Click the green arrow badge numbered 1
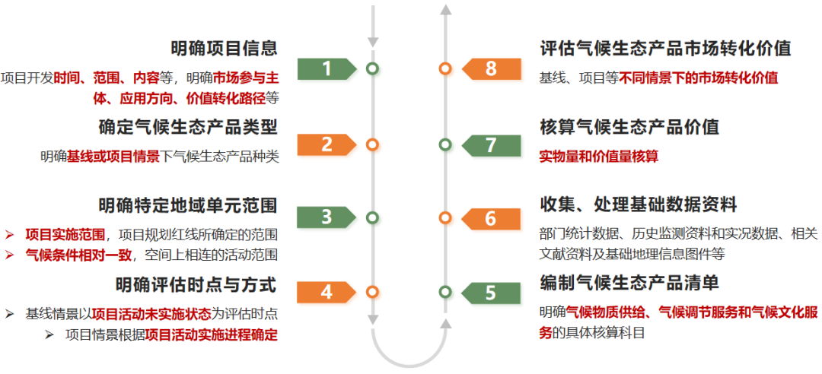click(327, 68)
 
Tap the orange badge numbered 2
click(327, 144)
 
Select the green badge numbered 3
click(327, 217)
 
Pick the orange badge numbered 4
click(327, 291)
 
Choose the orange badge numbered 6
click(490, 218)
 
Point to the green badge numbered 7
click(490, 144)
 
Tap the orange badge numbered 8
click(490, 68)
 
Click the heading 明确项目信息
click(224, 49)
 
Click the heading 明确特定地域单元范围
click(187, 205)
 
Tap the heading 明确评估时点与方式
click(196, 285)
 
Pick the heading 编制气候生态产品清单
click(629, 283)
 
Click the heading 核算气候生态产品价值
click(629, 127)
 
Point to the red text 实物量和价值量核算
click(599, 157)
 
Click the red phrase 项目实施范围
click(65, 234)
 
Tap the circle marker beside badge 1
click(372, 68)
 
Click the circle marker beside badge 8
click(445, 68)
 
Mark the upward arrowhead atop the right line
click(446, 9)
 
